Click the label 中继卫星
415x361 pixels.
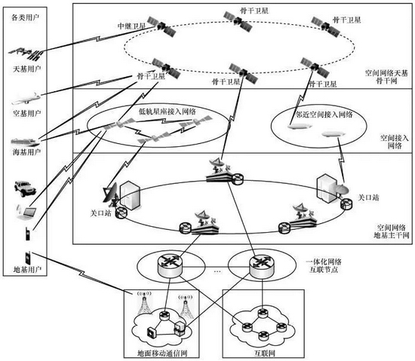[x=131, y=26]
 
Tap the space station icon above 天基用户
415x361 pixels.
[x=26, y=54]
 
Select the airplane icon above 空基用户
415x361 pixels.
[x=26, y=99]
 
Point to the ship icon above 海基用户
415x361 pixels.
[x=25, y=142]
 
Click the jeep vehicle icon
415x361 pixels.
[x=25, y=188]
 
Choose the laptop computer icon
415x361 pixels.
[x=26, y=213]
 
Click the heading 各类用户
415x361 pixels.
[x=25, y=17]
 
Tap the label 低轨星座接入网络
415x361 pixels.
[x=168, y=112]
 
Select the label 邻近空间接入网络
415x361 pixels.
[x=324, y=115]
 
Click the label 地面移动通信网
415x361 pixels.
[x=162, y=353]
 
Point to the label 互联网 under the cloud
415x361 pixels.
[x=264, y=353]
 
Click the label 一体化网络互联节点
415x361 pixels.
[x=324, y=265]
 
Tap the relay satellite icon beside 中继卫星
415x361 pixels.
[x=161, y=26]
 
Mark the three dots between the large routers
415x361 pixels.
[x=217, y=271]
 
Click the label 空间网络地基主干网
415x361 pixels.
[x=392, y=231]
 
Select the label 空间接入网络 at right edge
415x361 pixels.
[x=395, y=142]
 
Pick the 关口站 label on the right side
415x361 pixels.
[x=368, y=197]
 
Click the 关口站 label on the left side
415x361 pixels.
[x=100, y=213]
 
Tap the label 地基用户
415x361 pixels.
[x=27, y=270]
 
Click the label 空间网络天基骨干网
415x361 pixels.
[x=386, y=77]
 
